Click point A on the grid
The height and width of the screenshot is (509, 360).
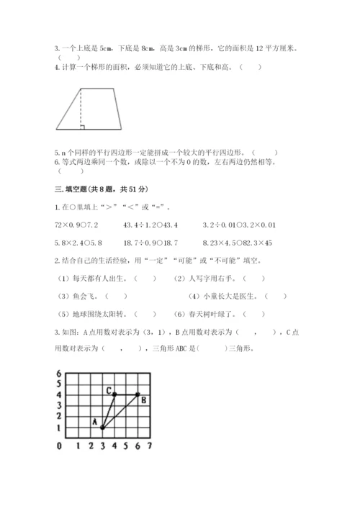[x=102, y=427]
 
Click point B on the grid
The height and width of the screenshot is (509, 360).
[x=138, y=394]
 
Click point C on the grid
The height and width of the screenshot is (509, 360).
[x=114, y=394]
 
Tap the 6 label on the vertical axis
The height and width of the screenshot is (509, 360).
[x=58, y=372]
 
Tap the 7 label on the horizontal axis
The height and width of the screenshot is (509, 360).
[x=149, y=447]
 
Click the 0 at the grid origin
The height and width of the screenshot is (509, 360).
[x=58, y=447]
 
